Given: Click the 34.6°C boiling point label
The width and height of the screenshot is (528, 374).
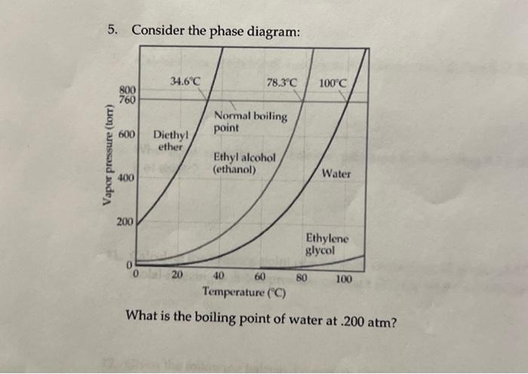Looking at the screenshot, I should pyautogui.click(x=185, y=80).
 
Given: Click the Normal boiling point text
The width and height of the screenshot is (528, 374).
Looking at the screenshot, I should pyautogui.click(x=250, y=122).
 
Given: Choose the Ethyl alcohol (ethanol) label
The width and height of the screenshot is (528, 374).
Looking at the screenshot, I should pyautogui.click(x=245, y=164).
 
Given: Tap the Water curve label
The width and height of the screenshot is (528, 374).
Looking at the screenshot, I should pyautogui.click(x=336, y=173).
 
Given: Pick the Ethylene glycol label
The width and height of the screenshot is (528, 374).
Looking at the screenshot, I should pyautogui.click(x=327, y=244).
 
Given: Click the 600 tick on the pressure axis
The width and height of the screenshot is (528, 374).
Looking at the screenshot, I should pyautogui.click(x=127, y=134).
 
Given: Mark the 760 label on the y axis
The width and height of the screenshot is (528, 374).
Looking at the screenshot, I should pyautogui.click(x=127, y=99).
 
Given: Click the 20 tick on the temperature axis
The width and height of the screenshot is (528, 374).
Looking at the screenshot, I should pyautogui.click(x=177, y=276).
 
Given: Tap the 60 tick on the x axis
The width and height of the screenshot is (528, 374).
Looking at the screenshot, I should pyautogui.click(x=261, y=277).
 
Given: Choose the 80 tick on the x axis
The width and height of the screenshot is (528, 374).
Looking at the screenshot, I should pyautogui.click(x=301, y=277).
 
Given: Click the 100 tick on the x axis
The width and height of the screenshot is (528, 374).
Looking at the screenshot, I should pyautogui.click(x=343, y=279).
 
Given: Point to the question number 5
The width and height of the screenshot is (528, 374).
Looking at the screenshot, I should pyautogui.click(x=112, y=31).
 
